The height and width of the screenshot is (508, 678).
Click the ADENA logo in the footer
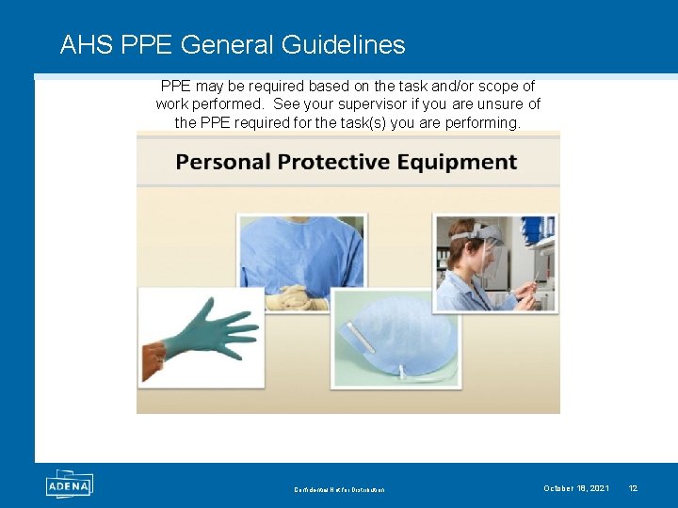point(69,484)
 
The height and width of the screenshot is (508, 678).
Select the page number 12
point(633,488)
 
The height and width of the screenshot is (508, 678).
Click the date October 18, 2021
point(575,488)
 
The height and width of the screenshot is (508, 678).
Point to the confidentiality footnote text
point(339,489)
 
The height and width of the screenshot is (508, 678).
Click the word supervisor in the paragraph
point(374,104)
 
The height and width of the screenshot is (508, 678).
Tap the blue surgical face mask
point(395,334)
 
